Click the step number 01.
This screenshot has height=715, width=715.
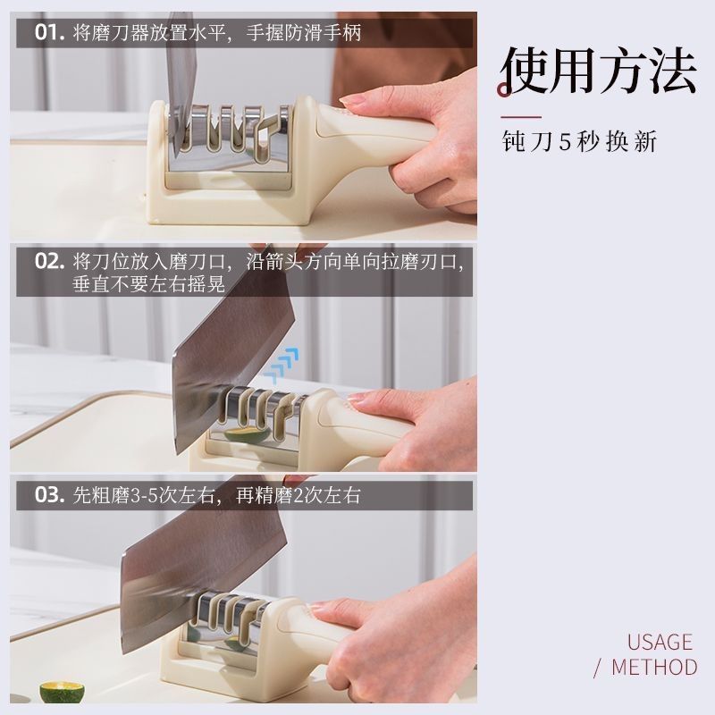coord(49,33)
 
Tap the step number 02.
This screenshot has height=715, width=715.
coord(49,262)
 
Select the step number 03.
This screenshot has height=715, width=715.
coord(49,495)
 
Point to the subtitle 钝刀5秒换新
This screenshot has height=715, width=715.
coord(579,141)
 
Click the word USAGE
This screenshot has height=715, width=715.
coord(660,642)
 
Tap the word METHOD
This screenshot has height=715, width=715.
coord(654,667)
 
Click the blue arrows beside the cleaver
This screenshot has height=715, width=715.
coord(282,365)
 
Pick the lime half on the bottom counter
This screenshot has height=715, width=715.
coord(62,692)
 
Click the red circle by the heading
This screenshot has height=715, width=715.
coord(504,89)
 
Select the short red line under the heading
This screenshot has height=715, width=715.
coord(521,117)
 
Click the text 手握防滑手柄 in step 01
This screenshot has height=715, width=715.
coord(304,33)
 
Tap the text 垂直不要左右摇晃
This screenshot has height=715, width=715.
coord(148,284)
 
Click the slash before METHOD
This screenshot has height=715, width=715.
coord(598,668)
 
